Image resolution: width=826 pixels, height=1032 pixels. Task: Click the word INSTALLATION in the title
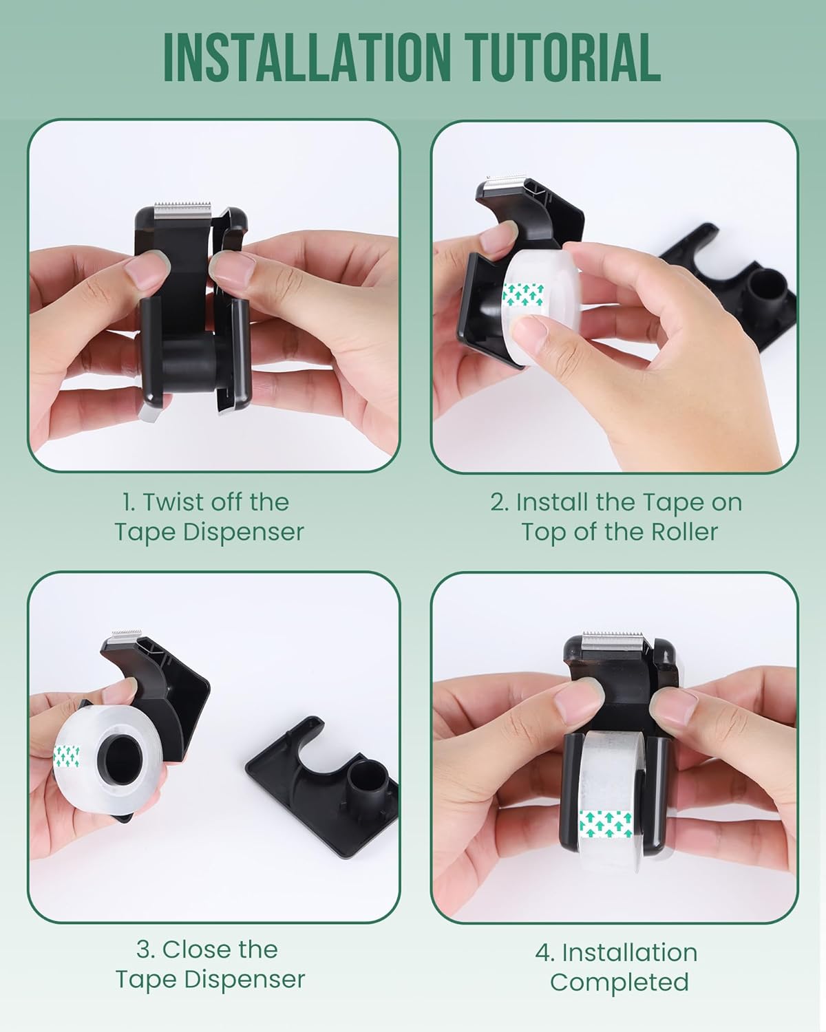307,58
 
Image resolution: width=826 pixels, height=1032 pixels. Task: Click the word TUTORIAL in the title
564,58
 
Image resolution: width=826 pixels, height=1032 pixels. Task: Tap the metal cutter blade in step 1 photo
183,211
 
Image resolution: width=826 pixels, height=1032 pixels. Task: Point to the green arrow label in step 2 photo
524,294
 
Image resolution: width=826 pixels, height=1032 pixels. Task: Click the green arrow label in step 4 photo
606,824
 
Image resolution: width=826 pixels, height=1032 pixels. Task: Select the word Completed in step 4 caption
619,982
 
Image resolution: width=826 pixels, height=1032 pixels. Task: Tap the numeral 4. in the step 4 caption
545,952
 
